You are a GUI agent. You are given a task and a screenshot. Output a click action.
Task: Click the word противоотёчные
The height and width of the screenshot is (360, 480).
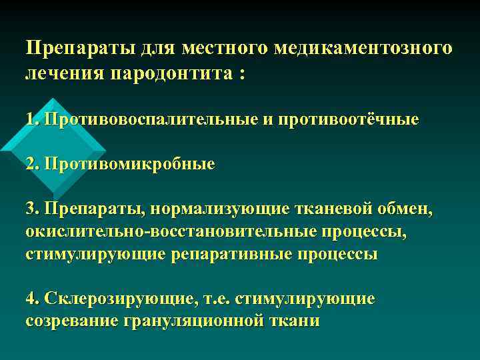pyautogui.click(x=341, y=120)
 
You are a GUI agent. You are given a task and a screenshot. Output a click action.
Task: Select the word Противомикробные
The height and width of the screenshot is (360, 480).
pyautogui.click(x=129, y=164)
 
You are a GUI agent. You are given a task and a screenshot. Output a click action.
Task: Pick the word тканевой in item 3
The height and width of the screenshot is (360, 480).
pyautogui.click(x=331, y=211)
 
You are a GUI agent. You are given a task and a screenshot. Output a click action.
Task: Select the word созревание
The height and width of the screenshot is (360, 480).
pyautogui.click(x=71, y=321)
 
